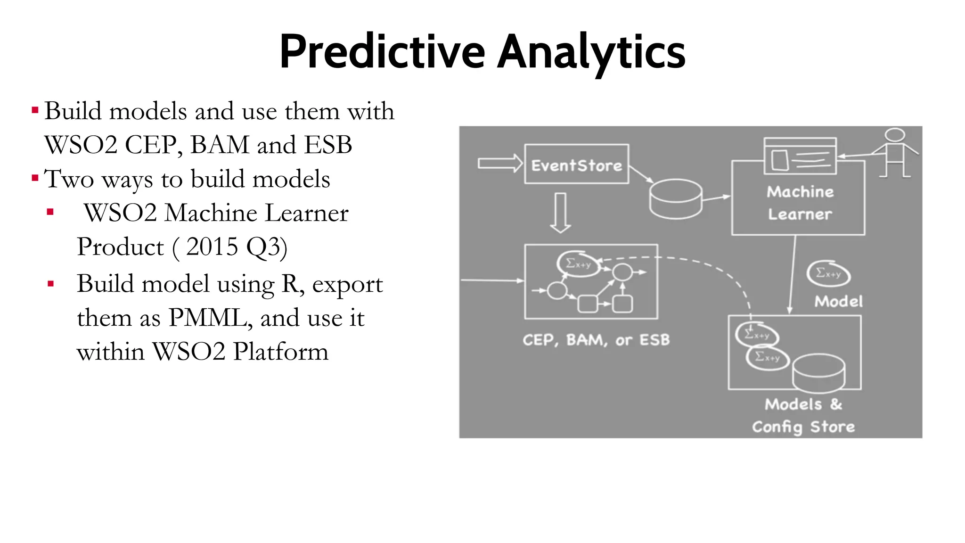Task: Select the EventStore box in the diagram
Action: (576, 165)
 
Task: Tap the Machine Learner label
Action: (800, 203)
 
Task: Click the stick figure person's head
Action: (894, 135)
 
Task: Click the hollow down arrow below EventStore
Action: (560, 213)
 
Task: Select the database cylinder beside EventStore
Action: (676, 199)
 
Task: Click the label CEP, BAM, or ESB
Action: (596, 340)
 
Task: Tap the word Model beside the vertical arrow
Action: (838, 302)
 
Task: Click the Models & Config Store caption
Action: (803, 415)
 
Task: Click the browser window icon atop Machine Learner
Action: (800, 156)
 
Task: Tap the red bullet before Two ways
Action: (35, 179)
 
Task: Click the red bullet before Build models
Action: (35, 111)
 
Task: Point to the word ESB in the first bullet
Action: (328, 145)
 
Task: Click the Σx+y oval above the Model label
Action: (828, 273)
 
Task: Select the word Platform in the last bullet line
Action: (280, 352)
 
